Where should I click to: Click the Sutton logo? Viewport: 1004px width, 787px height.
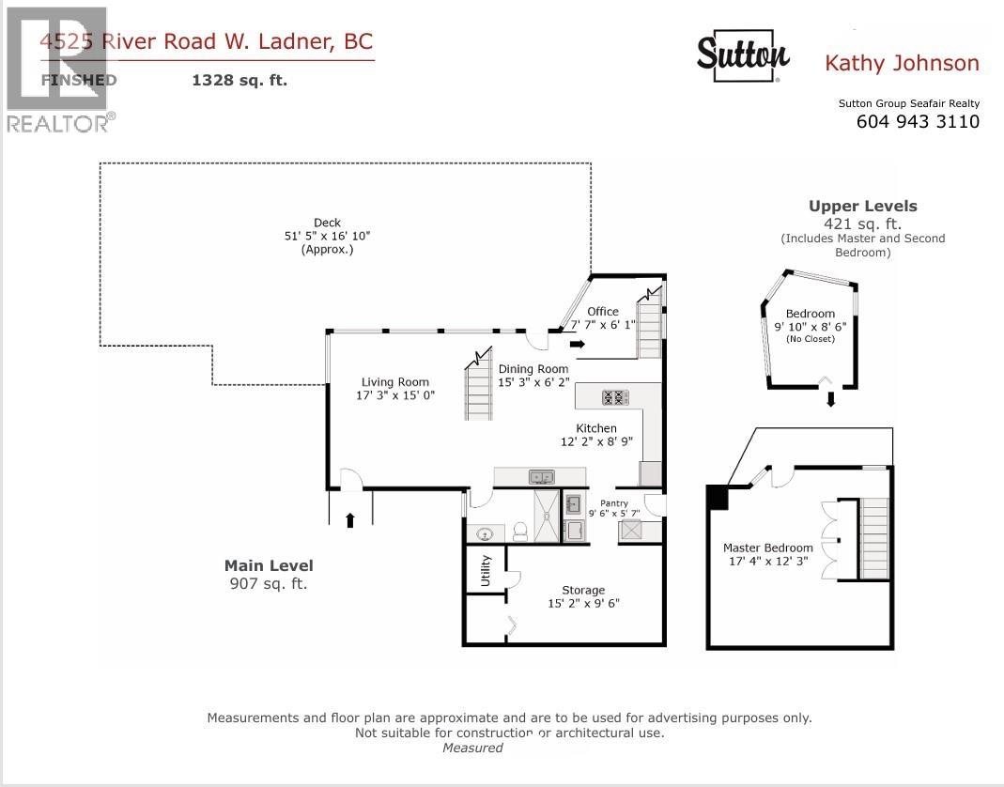tap(742, 57)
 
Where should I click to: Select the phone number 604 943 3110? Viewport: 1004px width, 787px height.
tap(918, 122)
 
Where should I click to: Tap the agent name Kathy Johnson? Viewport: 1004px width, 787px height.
tap(901, 64)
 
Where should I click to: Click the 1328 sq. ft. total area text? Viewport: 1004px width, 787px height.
tap(239, 81)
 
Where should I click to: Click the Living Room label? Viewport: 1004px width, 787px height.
tap(395, 382)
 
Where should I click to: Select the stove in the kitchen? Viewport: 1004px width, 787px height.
tap(615, 397)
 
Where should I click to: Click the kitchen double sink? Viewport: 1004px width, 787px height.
tap(541, 476)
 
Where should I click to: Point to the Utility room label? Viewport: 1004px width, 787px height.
tap(486, 570)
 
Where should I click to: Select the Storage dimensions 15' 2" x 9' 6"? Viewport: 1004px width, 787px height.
tap(583, 604)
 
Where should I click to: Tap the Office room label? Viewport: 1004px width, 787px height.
tap(603, 312)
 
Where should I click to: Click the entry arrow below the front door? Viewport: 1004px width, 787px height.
tap(350, 519)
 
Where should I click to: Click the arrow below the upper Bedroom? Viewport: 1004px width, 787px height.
tap(830, 400)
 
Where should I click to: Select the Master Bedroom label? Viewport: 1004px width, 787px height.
tap(767, 548)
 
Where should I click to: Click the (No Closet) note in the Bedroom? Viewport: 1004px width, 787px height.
tap(810, 339)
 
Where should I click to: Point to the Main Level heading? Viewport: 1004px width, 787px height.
tap(269, 565)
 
